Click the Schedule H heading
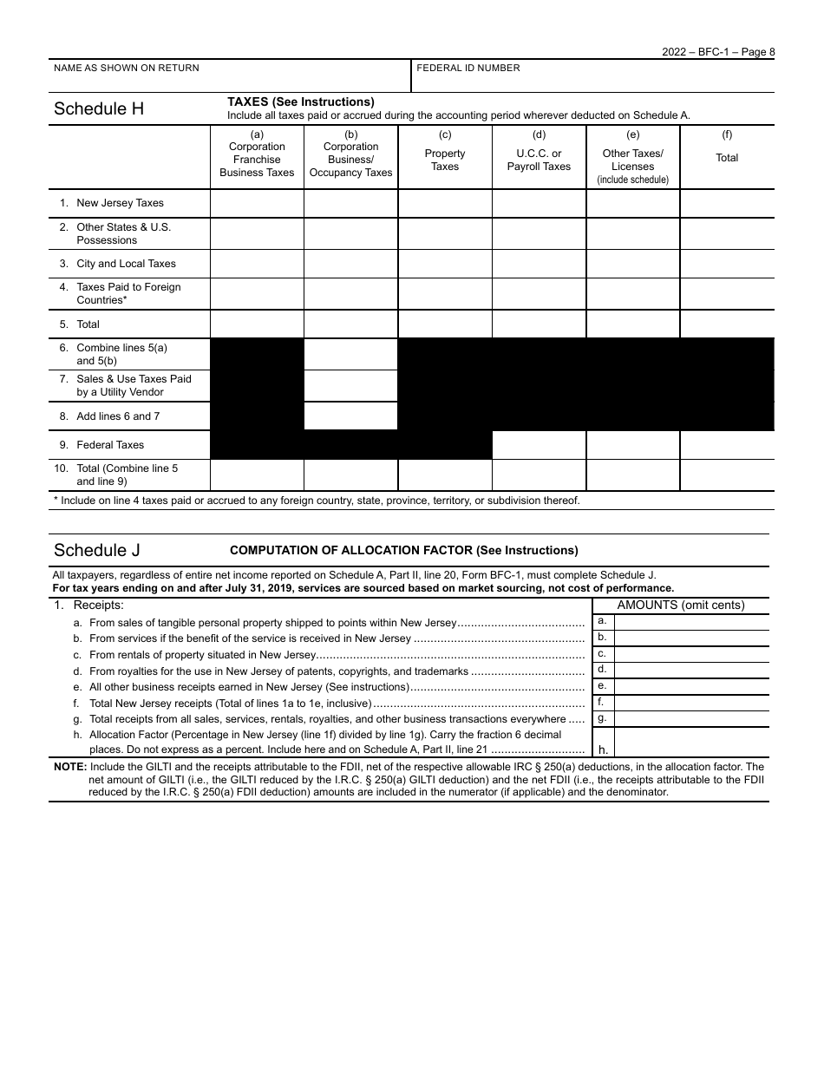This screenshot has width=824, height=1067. (x=99, y=109)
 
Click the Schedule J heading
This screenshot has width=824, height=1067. (x=96, y=551)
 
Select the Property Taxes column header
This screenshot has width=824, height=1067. (x=445, y=160)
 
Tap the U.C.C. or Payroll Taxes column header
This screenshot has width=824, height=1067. (x=539, y=160)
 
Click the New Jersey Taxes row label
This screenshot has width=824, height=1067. (x=120, y=203)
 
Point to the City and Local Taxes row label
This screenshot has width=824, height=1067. (x=126, y=264)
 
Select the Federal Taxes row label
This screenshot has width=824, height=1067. (x=110, y=445)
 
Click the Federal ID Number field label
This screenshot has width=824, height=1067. (x=468, y=69)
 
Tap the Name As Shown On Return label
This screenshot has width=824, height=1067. (x=127, y=69)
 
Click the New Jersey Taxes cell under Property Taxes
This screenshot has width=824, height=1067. (x=445, y=203)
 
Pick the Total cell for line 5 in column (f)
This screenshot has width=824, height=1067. (x=727, y=324)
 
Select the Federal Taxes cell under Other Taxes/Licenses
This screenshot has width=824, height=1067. (x=633, y=445)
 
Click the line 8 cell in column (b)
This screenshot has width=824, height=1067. (x=350, y=416)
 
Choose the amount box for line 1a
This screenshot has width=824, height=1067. (x=691, y=621)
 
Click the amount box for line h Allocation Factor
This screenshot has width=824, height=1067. (x=691, y=743)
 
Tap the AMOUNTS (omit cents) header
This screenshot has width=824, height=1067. (x=681, y=606)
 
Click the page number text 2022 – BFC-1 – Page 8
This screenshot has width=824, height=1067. (x=718, y=52)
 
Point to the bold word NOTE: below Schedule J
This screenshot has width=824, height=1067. (x=69, y=767)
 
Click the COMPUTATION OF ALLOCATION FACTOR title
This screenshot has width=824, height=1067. (x=403, y=551)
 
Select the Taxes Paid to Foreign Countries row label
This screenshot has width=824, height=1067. (x=128, y=293)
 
